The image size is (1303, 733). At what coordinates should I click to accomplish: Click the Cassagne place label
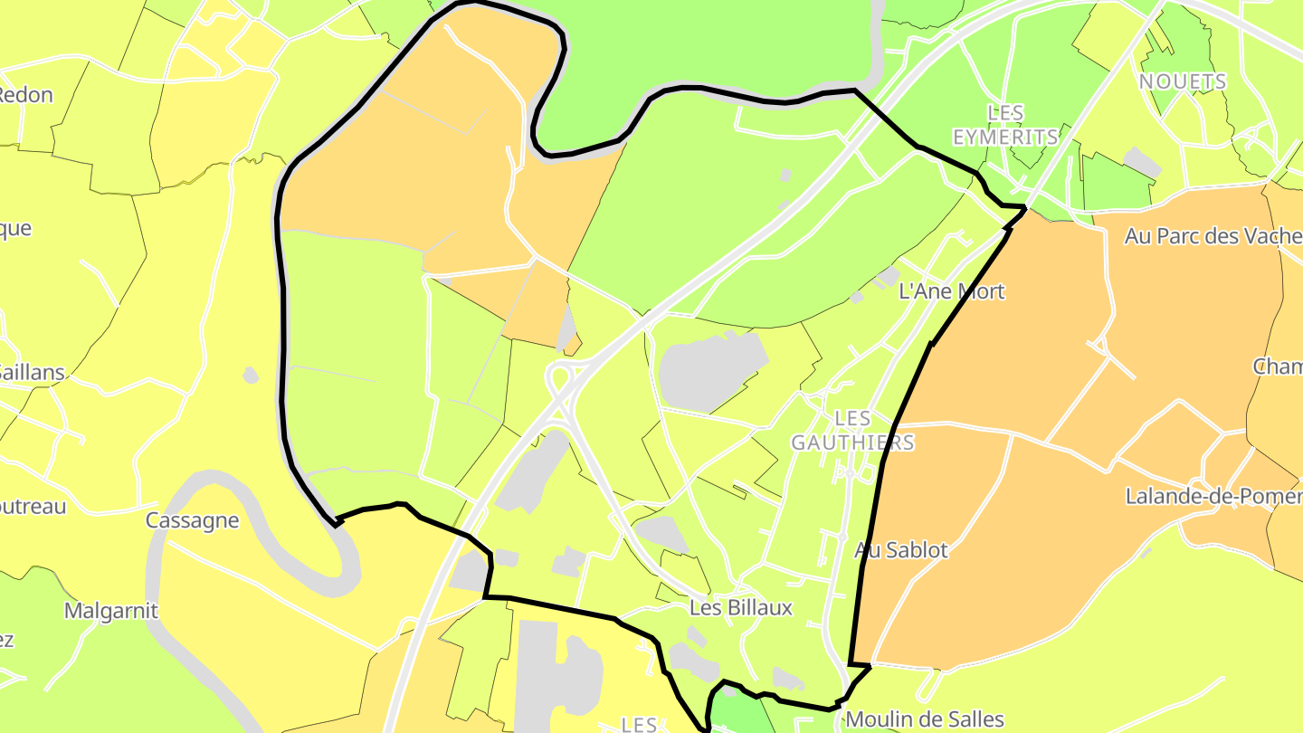click(193, 520)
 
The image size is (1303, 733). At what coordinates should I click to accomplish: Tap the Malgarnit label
click(110, 611)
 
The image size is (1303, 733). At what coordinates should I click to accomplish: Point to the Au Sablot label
click(901, 550)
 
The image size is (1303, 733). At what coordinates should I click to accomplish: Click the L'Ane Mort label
click(952, 292)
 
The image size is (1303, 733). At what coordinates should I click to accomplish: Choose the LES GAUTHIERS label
click(852, 430)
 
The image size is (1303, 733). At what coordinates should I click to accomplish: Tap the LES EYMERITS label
click(1005, 125)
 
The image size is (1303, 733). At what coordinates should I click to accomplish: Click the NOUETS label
click(1183, 81)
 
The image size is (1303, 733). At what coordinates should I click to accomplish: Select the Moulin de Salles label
click(924, 719)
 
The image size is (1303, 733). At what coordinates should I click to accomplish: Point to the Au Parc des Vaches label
click(1213, 236)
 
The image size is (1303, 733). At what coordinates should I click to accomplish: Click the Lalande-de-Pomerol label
click(1213, 496)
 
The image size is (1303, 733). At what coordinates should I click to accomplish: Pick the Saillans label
click(33, 372)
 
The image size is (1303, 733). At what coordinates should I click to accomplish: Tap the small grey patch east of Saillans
click(251, 374)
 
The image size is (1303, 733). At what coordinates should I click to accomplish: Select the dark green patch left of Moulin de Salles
click(735, 710)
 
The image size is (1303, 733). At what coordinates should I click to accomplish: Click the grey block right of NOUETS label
click(1142, 163)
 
